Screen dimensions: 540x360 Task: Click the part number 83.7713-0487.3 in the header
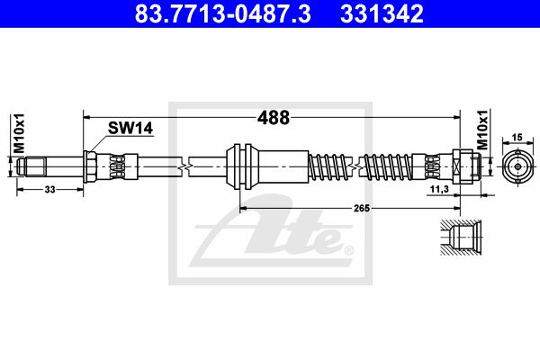pyautogui.click(x=222, y=13)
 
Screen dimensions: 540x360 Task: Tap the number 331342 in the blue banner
pyautogui.click(x=382, y=13)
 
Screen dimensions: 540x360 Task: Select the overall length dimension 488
pyautogui.click(x=274, y=118)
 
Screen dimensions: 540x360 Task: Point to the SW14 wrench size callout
pyautogui.click(x=130, y=128)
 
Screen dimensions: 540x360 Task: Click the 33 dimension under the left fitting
pyautogui.click(x=49, y=190)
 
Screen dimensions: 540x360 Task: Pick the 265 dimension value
pyautogui.click(x=362, y=208)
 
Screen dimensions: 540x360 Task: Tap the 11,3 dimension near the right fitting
pyautogui.click(x=439, y=189)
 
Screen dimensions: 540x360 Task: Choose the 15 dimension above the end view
pyautogui.click(x=517, y=138)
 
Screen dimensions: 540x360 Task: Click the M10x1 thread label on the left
pyautogui.click(x=19, y=133)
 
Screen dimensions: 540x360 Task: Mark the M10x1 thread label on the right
pyautogui.click(x=482, y=130)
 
